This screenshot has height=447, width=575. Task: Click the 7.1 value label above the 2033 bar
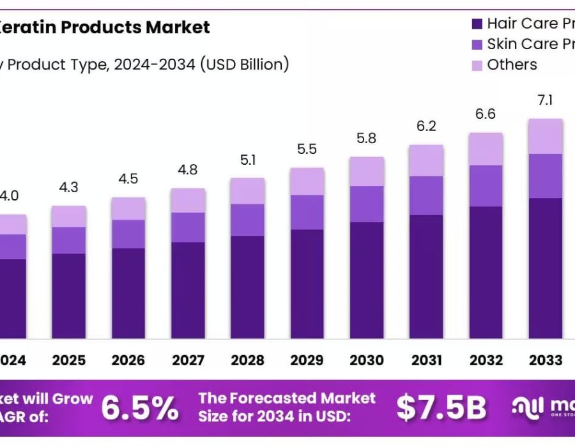tap(545, 100)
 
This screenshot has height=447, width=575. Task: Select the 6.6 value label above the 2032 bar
tap(486, 114)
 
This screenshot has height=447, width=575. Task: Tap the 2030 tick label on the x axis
tap(366, 360)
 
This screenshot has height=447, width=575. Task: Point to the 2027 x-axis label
tap(188, 360)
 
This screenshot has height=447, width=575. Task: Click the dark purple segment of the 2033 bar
tap(545, 268)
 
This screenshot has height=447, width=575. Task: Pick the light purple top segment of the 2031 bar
tap(426, 160)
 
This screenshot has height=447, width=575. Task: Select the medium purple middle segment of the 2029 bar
tap(307, 212)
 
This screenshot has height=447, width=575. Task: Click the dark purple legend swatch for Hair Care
tap(476, 24)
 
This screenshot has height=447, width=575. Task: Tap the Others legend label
tap(512, 64)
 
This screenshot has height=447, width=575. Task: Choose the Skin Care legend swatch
tap(476, 45)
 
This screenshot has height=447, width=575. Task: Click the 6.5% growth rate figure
tap(140, 408)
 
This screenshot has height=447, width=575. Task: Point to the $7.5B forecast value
tap(441, 408)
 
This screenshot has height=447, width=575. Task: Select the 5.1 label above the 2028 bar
tap(247, 160)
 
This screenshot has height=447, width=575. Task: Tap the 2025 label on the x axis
tap(69, 360)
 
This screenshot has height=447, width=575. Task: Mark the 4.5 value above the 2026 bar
tap(128, 179)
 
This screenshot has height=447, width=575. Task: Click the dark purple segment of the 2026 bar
tap(128, 293)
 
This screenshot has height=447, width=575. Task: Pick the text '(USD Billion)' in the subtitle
tap(244, 64)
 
